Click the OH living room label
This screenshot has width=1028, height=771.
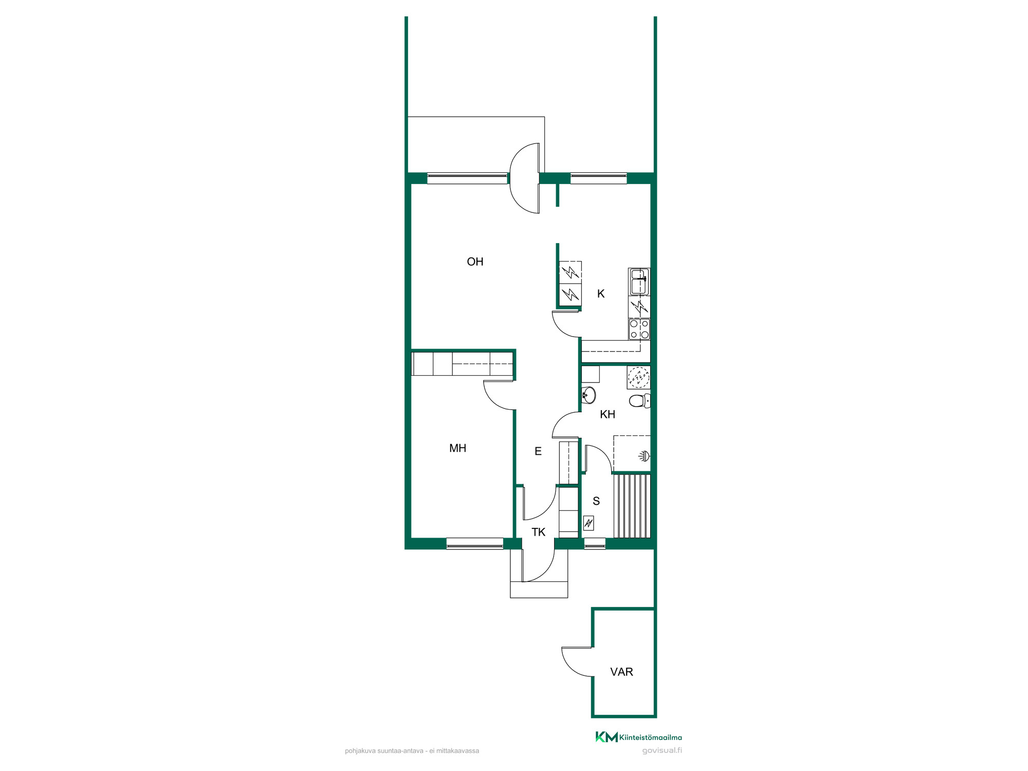[x=475, y=262]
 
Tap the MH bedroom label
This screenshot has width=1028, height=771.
[x=457, y=448]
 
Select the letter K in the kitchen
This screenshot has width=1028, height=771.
[x=601, y=293]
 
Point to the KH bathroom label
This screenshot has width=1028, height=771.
[x=608, y=414]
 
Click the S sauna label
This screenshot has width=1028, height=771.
[x=596, y=501]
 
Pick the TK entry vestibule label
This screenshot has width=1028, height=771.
[x=538, y=532]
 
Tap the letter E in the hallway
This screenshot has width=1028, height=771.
[x=538, y=451]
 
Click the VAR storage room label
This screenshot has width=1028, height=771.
[x=621, y=672]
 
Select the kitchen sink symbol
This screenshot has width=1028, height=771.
[x=639, y=282]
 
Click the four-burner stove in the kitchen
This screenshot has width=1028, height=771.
[x=639, y=329]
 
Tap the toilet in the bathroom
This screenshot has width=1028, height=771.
[x=640, y=401]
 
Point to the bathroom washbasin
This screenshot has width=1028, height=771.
[x=589, y=395]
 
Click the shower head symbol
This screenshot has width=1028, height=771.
[x=645, y=455]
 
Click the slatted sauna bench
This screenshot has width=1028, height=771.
[x=632, y=506]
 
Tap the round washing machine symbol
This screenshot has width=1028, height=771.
[x=639, y=377]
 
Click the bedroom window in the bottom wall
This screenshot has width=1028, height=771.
[x=475, y=543]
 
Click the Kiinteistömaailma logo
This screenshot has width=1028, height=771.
[x=638, y=737]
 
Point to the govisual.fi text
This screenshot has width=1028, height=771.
[x=662, y=751]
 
